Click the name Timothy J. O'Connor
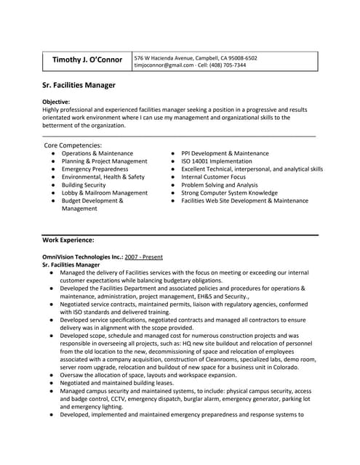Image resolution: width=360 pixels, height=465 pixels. pyautogui.click(x=87, y=62)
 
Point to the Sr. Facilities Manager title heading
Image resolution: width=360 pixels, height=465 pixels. pyautogui.click(x=79, y=85)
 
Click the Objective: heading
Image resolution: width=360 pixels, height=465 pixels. pyautogui.click(x=57, y=102)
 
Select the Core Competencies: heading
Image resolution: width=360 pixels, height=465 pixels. pyautogui.click(x=73, y=145)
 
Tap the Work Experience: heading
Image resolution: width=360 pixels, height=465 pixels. pyautogui.click(x=68, y=239)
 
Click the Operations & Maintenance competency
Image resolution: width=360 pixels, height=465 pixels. pyautogui.click(x=97, y=154)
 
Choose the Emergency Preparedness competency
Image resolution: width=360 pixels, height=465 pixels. pyautogui.click(x=95, y=169)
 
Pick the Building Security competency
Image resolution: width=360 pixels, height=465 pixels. pyautogui.click(x=84, y=185)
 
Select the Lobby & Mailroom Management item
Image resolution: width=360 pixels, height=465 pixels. pyautogui.click(x=104, y=193)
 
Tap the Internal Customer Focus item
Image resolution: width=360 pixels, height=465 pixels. pyautogui.click(x=214, y=177)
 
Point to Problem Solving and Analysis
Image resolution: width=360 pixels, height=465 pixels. pyautogui.click(x=220, y=185)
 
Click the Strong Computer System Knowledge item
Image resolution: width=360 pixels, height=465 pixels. pyautogui.click(x=229, y=193)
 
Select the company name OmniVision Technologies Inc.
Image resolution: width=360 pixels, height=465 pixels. pyautogui.click(x=82, y=257)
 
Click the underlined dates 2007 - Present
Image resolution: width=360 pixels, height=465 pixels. pyautogui.click(x=143, y=257)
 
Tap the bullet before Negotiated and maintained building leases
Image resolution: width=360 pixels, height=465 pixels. pyautogui.click(x=52, y=383)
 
